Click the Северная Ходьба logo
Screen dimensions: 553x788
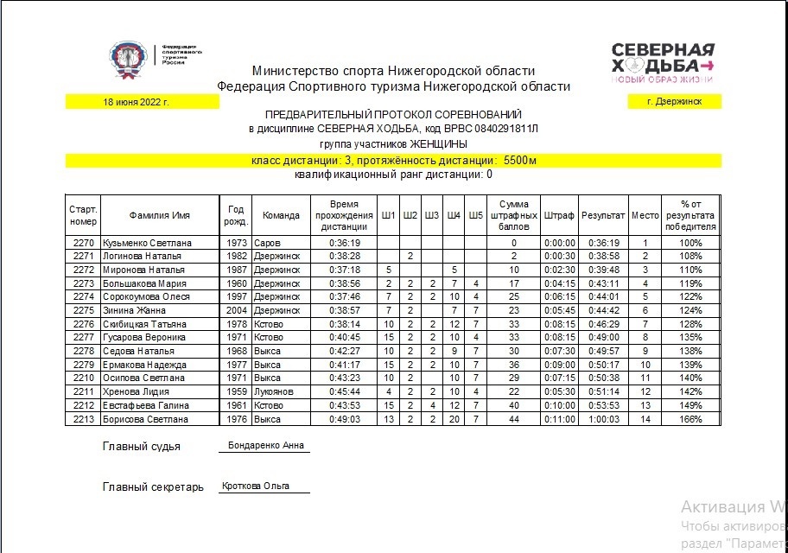coord(663,62)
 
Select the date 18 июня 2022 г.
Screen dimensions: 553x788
coord(136,102)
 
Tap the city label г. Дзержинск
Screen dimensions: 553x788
coord(674,102)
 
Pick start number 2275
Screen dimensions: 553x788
coord(83,310)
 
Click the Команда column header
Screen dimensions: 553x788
coord(281,215)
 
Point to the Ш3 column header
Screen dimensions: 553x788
coord(431,215)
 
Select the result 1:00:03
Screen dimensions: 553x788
coord(603,419)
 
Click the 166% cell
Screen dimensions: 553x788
coord(690,419)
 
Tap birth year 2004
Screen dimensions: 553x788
coord(237,310)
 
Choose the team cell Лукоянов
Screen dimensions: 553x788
coord(277,391)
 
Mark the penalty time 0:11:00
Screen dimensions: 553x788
coord(559,419)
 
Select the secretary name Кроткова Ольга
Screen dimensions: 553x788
coord(255,486)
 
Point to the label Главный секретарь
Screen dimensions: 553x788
coord(153,486)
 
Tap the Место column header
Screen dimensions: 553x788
coord(645,215)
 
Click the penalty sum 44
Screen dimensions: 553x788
coord(513,419)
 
